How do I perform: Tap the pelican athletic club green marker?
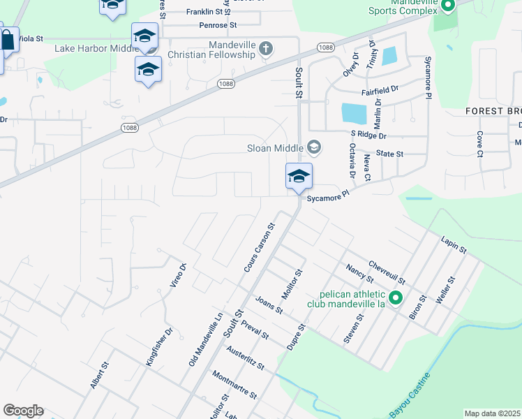[395, 299]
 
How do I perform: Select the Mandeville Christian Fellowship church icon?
[265, 49]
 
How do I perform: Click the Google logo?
[23, 411]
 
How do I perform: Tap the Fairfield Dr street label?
[380, 90]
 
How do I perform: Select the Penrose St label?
[219, 25]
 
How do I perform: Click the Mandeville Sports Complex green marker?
[447, 7]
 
